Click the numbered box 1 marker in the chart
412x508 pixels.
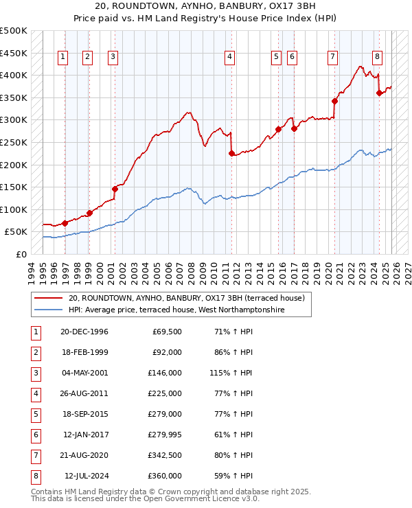[x=62, y=57]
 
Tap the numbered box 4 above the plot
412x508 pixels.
[x=229, y=57]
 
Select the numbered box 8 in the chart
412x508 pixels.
[x=377, y=57]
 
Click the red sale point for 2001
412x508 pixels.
[x=115, y=189]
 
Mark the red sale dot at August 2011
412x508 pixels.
[x=231, y=153]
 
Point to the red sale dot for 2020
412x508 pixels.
[x=334, y=101]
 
